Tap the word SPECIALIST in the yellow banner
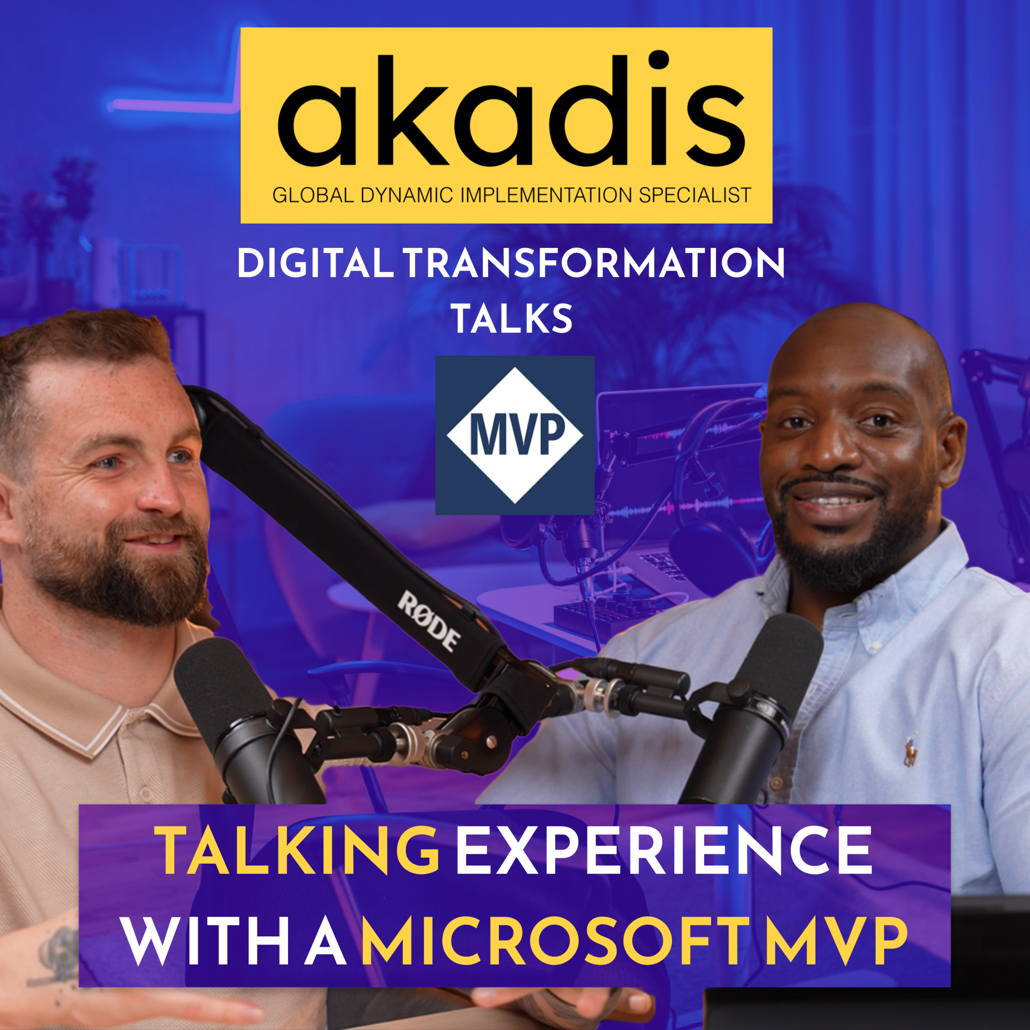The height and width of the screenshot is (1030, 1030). [695, 196]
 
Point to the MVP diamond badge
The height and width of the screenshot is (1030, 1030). [515, 435]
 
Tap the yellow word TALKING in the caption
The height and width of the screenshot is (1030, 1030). [300, 850]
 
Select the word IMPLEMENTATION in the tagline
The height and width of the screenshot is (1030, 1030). [548, 196]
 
